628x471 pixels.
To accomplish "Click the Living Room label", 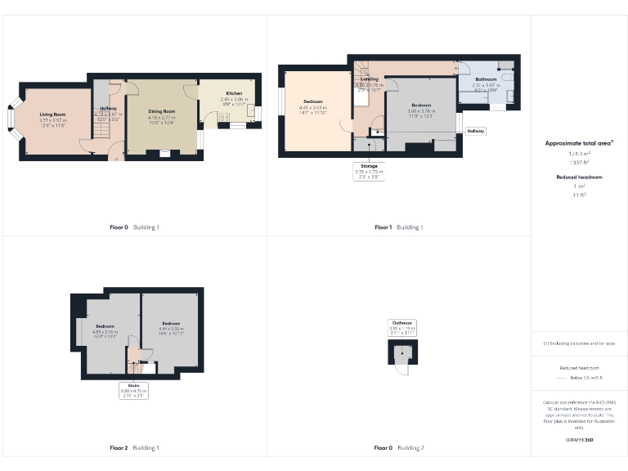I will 52,114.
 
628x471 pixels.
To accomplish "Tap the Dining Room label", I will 161,111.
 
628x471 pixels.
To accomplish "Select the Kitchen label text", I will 232,93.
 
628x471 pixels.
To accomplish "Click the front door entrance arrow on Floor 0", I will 114,159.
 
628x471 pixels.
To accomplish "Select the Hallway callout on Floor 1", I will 476,131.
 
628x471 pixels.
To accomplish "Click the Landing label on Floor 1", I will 368,79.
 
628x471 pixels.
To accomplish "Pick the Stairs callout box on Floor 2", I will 133,388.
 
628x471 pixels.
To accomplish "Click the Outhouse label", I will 401,323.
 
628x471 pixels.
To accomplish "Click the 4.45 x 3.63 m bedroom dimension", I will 312,108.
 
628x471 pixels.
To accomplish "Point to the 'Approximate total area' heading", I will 579,143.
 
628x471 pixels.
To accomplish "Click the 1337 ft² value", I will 579,163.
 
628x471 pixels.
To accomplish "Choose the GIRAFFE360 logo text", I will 579,440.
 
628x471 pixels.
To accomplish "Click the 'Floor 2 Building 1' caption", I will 134,447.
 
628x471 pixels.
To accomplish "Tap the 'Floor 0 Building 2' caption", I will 399,447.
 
